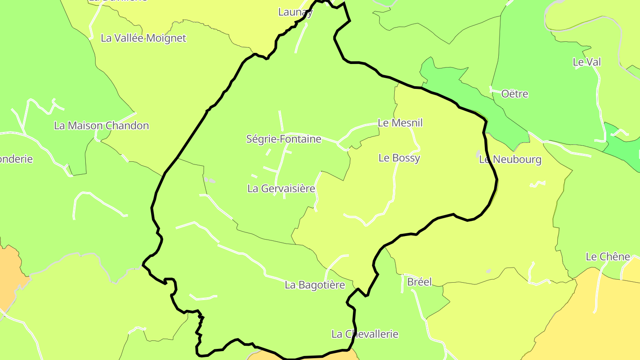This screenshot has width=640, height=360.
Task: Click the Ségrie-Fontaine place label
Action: coord(284,139)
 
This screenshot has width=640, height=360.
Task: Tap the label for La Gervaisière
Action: coord(281,188)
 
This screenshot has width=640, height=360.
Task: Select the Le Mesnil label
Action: coord(400,123)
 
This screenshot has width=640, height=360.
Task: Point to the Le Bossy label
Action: coord(399,158)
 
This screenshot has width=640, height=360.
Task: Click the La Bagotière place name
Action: coord(315,285)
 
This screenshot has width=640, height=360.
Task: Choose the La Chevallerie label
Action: coord(365,334)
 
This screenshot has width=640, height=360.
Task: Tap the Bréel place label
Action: coord(419,282)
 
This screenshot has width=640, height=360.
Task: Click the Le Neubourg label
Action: coord(510,160)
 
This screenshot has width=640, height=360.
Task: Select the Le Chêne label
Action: coord(608,256)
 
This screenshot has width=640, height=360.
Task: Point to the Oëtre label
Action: coord(515,94)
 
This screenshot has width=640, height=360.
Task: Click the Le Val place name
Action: coord(587,62)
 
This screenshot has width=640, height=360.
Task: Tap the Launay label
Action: coord(295,12)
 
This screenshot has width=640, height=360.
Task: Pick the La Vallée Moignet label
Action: coord(143,38)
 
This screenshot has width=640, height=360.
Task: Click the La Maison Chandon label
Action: coord(101,126)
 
